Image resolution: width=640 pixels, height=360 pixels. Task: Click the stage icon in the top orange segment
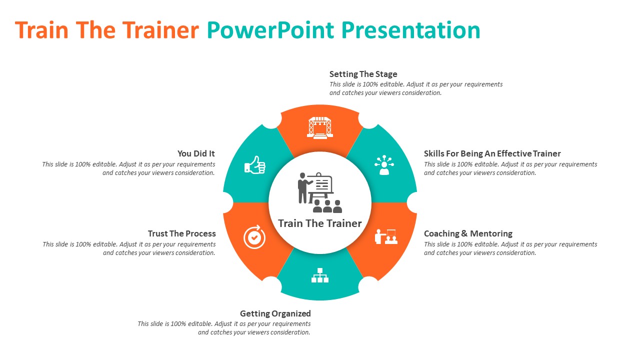pyautogui.click(x=320, y=127)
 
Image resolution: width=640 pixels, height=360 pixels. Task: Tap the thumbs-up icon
pyautogui.click(x=254, y=165)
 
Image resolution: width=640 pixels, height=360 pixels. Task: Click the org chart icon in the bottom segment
pyautogui.click(x=320, y=275)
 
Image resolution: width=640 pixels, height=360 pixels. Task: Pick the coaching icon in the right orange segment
pyautogui.click(x=386, y=236)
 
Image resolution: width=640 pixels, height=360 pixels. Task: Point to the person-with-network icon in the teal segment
pyautogui.click(x=384, y=165)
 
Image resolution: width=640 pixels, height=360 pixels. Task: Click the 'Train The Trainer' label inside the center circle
pyautogui.click(x=320, y=223)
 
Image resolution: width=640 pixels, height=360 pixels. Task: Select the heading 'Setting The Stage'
pyautogui.click(x=363, y=74)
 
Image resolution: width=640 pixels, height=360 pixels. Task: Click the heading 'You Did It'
pyautogui.click(x=196, y=153)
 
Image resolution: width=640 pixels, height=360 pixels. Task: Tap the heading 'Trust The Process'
pyautogui.click(x=181, y=233)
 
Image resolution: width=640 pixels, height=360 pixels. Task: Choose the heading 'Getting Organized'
pyautogui.click(x=275, y=313)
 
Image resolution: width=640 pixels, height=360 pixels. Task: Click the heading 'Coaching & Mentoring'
pyautogui.click(x=468, y=233)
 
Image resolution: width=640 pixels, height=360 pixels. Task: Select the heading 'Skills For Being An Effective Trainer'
pyautogui.click(x=492, y=153)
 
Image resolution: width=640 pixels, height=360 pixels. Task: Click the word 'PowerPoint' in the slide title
pyautogui.click(x=270, y=30)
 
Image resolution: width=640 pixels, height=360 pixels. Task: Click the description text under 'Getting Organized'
pyautogui.click(x=224, y=328)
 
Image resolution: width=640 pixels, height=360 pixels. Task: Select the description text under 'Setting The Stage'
pyautogui.click(x=415, y=88)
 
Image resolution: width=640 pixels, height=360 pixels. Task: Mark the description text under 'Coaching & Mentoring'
pyautogui.click(x=510, y=248)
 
